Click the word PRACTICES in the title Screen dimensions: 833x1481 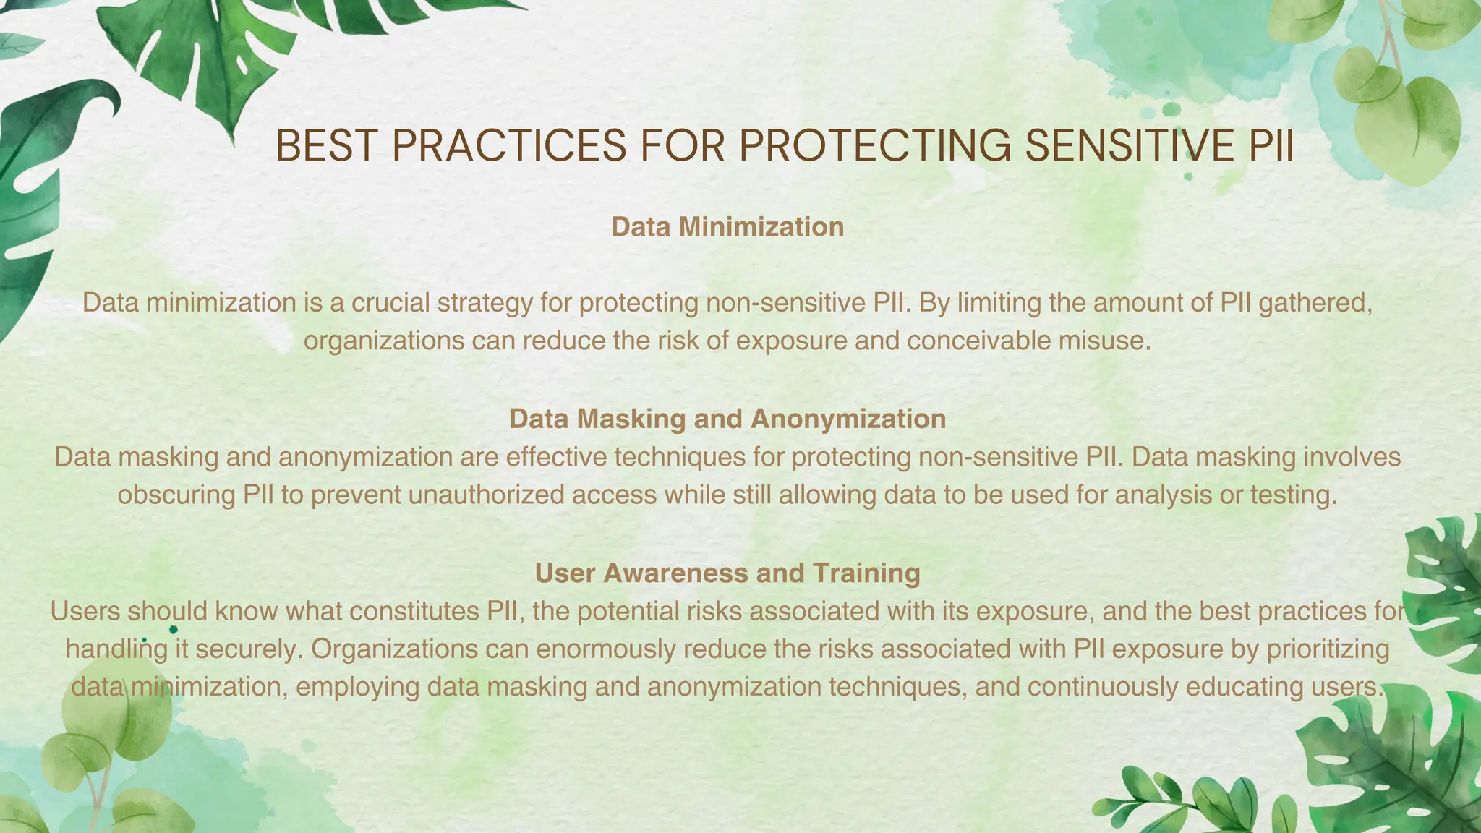[509, 146]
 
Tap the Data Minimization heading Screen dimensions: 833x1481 [727, 227]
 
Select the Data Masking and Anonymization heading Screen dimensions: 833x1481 [727, 419]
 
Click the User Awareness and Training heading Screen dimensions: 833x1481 [727, 573]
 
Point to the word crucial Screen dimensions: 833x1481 [390, 302]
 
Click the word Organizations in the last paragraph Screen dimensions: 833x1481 [394, 649]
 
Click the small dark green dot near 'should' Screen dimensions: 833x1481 [174, 631]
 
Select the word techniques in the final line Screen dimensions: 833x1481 [897, 686]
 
